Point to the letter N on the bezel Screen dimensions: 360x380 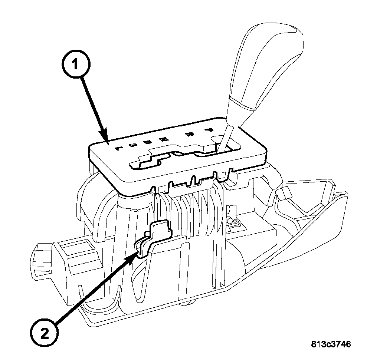[163, 139]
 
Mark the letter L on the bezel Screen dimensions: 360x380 [118, 148]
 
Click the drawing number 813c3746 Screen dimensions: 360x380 [330, 344]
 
